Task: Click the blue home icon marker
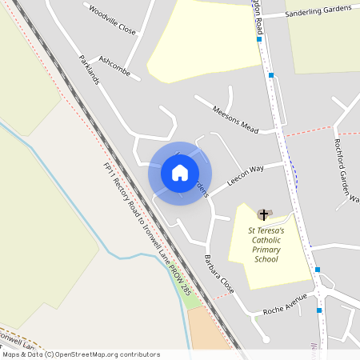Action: [x=180, y=173]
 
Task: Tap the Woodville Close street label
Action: [x=113, y=22]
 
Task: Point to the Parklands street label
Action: [x=90, y=72]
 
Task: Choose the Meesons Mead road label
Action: [x=237, y=118]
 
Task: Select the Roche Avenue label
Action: [x=285, y=306]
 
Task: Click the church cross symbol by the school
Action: [x=263, y=214]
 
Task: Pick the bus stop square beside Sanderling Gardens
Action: [x=259, y=38]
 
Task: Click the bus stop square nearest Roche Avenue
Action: [x=319, y=310]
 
